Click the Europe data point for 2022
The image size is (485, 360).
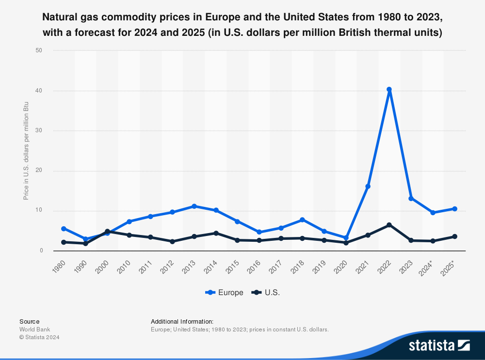[x=389, y=90]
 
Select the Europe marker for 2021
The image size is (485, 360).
[x=368, y=187]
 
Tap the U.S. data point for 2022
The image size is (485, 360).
[x=389, y=225]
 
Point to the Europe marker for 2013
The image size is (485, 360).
[x=194, y=206]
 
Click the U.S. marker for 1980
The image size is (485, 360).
[x=64, y=242]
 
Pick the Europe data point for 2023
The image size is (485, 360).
[x=411, y=198]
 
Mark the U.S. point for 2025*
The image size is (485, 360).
[x=454, y=236]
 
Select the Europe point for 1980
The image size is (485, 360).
[x=64, y=229]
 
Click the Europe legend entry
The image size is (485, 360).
[x=225, y=293]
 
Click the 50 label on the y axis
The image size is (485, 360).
[x=39, y=50]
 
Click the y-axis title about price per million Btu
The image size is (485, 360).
[x=26, y=151]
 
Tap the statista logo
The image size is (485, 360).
[x=439, y=345]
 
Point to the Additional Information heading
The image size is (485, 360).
[x=182, y=321]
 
